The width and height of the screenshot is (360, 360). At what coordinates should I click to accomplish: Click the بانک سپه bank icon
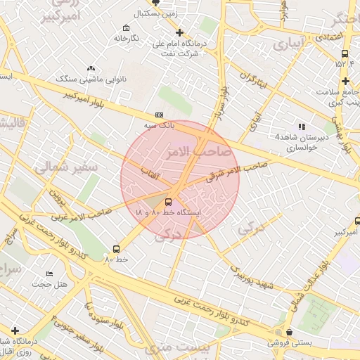coord(159,115)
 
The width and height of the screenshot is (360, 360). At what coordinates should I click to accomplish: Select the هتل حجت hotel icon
coord(49,273)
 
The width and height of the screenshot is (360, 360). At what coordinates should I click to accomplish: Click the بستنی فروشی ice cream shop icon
coord(289,332)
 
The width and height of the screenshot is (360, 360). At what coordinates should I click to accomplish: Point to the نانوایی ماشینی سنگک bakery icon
coord(91,68)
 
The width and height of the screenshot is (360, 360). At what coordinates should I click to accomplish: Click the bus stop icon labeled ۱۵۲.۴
coord(345,53)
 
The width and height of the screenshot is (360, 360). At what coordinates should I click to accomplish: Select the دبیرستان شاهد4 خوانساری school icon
coord(302,127)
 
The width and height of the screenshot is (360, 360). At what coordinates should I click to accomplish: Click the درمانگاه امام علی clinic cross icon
coord(180,32)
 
